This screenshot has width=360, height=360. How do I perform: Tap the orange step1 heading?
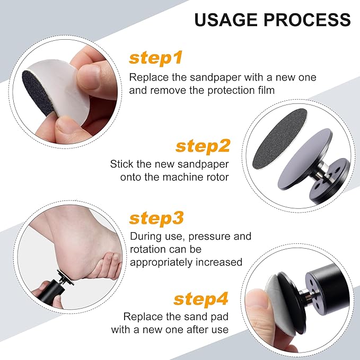(156, 57)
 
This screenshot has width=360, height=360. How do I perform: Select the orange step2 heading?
(203, 145)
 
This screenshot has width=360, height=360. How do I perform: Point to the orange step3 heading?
(156, 218)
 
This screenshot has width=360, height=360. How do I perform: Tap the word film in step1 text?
(264, 90)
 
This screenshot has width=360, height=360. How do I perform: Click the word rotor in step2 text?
(216, 177)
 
